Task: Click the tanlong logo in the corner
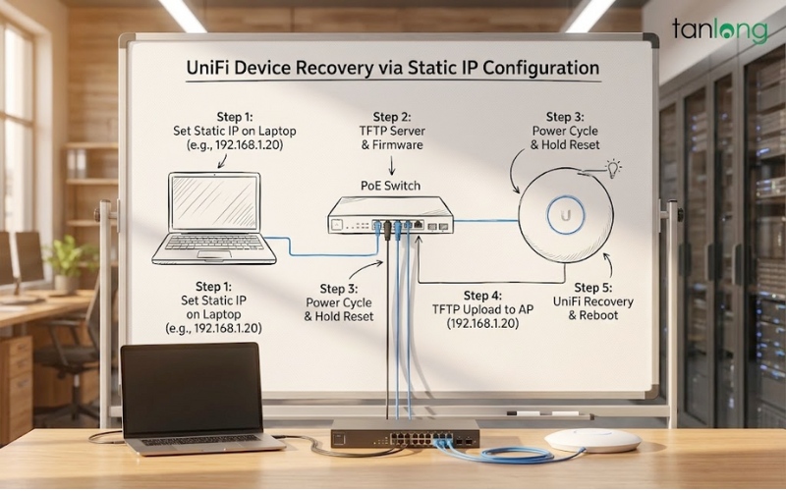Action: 719,29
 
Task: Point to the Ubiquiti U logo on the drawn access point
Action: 566,214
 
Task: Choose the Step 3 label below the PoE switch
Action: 340,302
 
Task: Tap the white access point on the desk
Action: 592,439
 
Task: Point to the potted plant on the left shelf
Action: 70,259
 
